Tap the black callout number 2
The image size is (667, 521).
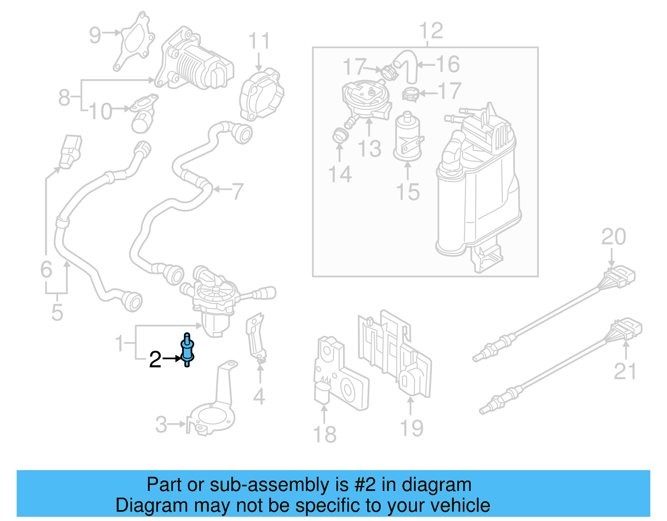tap(155, 360)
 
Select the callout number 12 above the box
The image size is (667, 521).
tap(431, 31)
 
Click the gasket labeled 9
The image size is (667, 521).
tap(133, 42)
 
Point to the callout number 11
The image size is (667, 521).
tap(259, 42)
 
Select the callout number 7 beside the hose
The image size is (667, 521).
tap(237, 191)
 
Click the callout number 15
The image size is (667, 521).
tap(407, 192)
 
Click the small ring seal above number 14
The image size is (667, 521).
tap(339, 136)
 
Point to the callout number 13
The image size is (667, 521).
tap(369, 149)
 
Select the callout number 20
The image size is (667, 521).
tap(613, 237)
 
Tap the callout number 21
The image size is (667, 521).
tap(625, 371)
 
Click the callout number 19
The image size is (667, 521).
tap(411, 428)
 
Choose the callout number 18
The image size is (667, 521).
tap(324, 434)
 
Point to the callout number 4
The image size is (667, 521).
tap(259, 396)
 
